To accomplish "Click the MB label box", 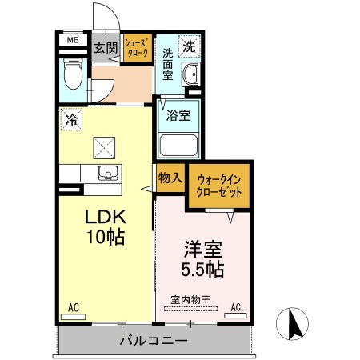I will (x=72, y=40).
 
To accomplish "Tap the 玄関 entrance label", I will (x=105, y=48).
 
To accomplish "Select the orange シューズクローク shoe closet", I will (x=137, y=50).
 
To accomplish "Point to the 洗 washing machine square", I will (x=188, y=46).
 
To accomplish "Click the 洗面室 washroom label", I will (x=168, y=64).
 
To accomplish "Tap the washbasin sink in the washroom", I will (x=190, y=77).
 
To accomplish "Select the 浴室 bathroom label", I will (x=178, y=115).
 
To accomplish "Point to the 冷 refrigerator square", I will (x=71, y=120).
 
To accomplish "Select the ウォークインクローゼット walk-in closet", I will (x=218, y=186).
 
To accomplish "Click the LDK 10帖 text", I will (x=105, y=226).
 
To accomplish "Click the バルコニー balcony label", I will (x=154, y=341).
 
